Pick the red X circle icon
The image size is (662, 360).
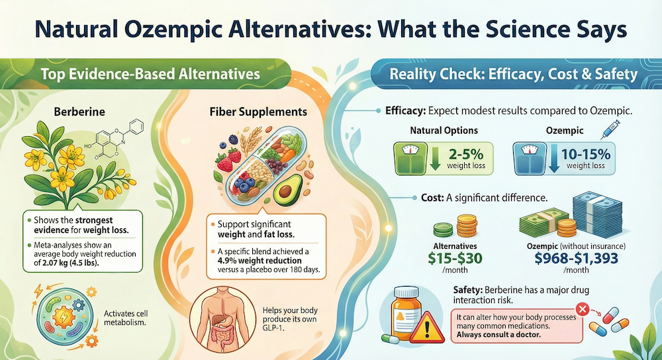click(x=583, y=308)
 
